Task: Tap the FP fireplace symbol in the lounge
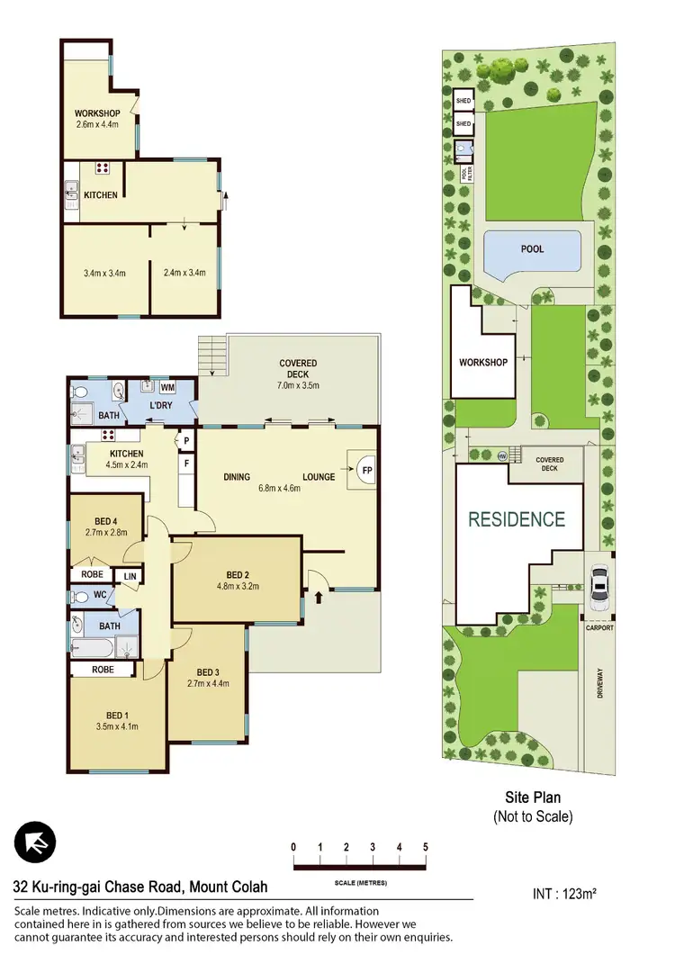(366, 469)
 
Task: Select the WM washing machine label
(167, 387)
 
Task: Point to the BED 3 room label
(207, 678)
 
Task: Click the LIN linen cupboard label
(130, 575)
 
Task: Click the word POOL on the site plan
(532, 249)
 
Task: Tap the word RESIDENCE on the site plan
(516, 519)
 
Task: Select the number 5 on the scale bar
(425, 847)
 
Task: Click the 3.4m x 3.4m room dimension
(104, 274)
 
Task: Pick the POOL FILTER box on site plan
(464, 175)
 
